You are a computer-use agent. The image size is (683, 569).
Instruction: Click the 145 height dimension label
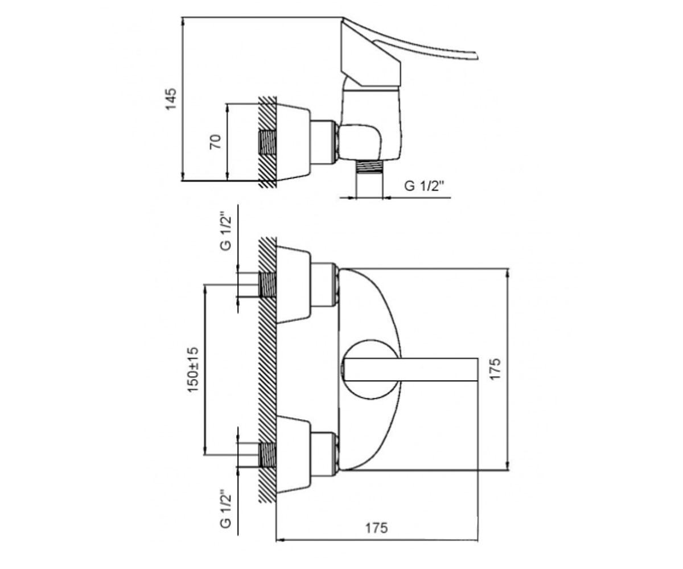(171, 99)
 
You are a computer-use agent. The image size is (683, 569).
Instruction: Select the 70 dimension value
(216, 142)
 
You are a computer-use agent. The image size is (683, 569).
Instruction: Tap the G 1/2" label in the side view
(425, 186)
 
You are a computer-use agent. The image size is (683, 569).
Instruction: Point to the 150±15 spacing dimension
(193, 369)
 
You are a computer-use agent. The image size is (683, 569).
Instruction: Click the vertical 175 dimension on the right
(495, 369)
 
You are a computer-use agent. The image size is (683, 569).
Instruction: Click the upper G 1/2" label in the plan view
(226, 233)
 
